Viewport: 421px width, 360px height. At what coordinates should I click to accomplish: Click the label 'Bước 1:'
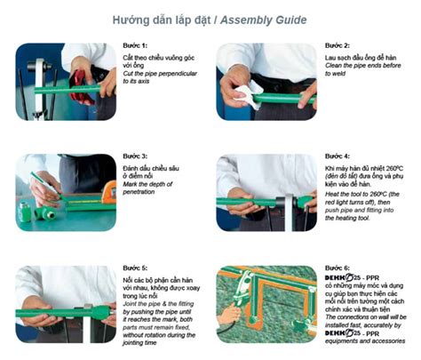click(136, 45)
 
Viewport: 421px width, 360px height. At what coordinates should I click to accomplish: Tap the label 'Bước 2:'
click(338, 44)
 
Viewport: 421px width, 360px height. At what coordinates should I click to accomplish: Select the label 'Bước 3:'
click(136, 157)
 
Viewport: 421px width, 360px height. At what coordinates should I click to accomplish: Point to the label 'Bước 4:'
click(338, 156)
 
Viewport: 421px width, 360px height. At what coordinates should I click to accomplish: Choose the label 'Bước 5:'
click(136, 268)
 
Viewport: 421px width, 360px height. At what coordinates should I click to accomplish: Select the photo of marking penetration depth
click(66, 192)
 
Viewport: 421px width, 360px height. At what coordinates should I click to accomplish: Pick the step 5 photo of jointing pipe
click(66, 303)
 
